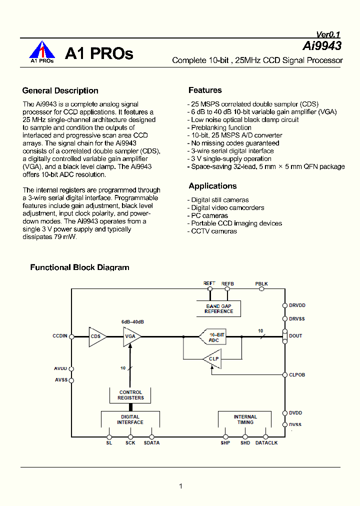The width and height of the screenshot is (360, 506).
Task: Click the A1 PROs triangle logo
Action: click(42, 51)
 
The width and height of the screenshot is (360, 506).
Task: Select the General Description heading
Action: click(60, 90)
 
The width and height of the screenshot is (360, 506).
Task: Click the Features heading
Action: click(205, 90)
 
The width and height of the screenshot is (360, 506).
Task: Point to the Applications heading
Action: click(212, 186)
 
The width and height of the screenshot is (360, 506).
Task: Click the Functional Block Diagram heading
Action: click(79, 267)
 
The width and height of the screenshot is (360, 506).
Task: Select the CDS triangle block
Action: click(96, 336)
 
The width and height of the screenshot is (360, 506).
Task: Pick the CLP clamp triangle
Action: click(213, 358)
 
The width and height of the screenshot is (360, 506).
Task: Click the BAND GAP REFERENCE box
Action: click(218, 308)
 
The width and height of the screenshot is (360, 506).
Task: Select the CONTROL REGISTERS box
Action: click(130, 395)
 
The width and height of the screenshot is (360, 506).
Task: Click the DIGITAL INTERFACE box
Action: click(130, 419)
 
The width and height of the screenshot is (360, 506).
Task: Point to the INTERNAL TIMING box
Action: click(245, 419)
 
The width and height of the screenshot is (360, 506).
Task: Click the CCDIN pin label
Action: click(59, 336)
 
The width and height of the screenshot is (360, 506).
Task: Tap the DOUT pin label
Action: click(295, 336)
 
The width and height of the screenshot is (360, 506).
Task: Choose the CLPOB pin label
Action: click(297, 374)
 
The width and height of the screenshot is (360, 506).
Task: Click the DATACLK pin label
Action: click(266, 443)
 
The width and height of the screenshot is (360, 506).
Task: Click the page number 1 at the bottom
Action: click(180, 486)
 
